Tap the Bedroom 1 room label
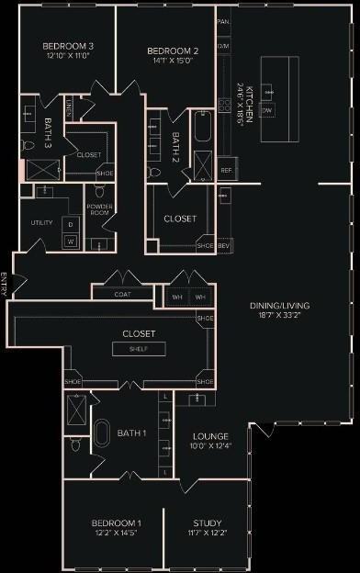pyautogui.click(x=119, y=522)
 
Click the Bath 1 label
pyautogui.click(x=131, y=433)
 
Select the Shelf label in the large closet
pyautogui.click(x=139, y=349)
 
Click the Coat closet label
pyautogui.click(x=122, y=295)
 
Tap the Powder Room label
pyautogui.click(x=99, y=208)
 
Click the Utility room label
pyautogui.click(x=41, y=223)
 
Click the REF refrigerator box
pyautogui.click(x=226, y=171)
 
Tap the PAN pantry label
pyautogui.click(x=223, y=20)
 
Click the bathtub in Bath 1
pyautogui.click(x=103, y=434)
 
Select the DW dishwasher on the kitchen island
pyautogui.click(x=267, y=109)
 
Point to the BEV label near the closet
pyautogui.click(x=223, y=245)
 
